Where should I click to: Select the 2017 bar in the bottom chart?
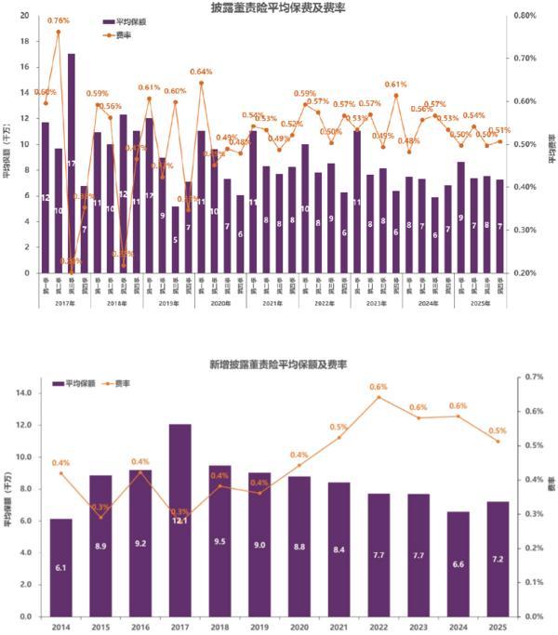click(x=180, y=521)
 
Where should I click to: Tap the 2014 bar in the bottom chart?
click(x=60, y=567)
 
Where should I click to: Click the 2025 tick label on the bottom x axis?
click(x=498, y=628)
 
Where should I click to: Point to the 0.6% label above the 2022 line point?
click(x=379, y=387)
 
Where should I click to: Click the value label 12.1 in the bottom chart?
click(x=180, y=521)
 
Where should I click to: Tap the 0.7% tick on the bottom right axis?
click(x=532, y=377)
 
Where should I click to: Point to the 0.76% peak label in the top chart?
click(x=59, y=20)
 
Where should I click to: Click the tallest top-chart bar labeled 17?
click(x=71, y=163)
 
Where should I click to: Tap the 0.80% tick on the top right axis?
click(x=525, y=16)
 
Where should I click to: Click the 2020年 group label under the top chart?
click(x=220, y=304)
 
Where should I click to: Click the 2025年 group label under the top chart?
click(x=481, y=304)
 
